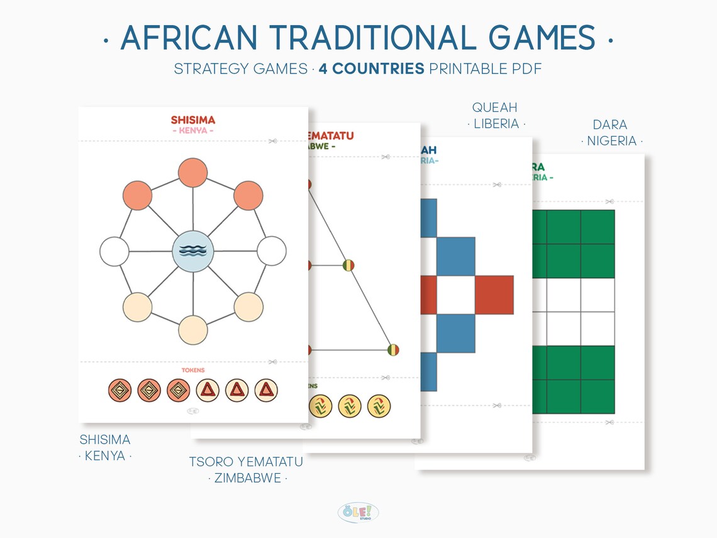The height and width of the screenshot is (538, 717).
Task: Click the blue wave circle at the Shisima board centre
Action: pyautogui.click(x=193, y=252)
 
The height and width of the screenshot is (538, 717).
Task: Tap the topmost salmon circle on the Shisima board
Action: pyautogui.click(x=193, y=174)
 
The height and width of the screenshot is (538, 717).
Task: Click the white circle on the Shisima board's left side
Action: pyautogui.click(x=114, y=252)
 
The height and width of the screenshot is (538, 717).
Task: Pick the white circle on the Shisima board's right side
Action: pyautogui.click(x=271, y=252)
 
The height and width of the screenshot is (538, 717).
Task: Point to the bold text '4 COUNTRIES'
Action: pyautogui.click(x=371, y=69)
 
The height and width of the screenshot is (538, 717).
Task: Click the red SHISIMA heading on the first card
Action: pyautogui.click(x=193, y=120)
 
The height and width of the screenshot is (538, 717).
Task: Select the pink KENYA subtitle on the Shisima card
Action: pyautogui.click(x=193, y=131)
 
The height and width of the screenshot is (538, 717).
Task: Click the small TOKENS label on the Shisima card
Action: pyautogui.click(x=193, y=370)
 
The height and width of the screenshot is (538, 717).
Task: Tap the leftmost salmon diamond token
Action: pyautogui.click(x=120, y=390)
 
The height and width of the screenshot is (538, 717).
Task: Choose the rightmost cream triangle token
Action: pyautogui.click(x=266, y=390)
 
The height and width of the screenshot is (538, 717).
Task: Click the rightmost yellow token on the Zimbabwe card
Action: pyautogui.click(x=379, y=406)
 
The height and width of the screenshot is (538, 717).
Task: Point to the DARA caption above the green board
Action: pyautogui.click(x=609, y=125)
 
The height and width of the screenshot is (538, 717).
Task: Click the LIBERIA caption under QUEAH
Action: pyautogui.click(x=496, y=124)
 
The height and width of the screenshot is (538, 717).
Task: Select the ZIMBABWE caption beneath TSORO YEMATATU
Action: pyautogui.click(x=247, y=478)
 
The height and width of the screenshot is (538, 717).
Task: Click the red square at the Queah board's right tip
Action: pyautogui.click(x=494, y=294)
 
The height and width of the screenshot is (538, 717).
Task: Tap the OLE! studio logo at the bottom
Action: pyautogui.click(x=358, y=512)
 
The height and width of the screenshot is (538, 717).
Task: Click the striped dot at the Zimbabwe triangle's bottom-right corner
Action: pyautogui.click(x=394, y=350)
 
